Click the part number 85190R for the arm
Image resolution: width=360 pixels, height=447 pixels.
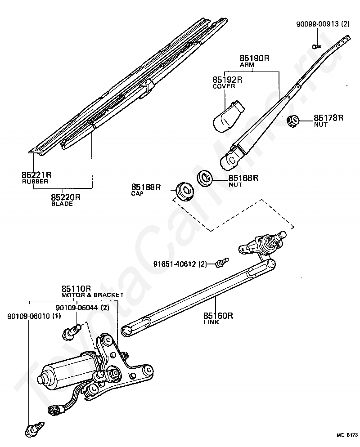pos(254,58)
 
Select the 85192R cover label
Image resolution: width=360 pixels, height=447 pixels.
pos(227,80)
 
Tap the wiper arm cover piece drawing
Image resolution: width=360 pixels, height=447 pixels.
pos(227,116)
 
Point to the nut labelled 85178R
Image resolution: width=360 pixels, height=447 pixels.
pos(293,121)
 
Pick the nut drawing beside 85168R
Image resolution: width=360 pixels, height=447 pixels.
pos(205,179)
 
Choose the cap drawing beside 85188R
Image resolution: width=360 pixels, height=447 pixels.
pos(183,191)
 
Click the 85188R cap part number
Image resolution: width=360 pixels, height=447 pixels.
pos(146,187)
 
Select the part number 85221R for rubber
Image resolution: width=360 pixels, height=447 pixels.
pos(36,174)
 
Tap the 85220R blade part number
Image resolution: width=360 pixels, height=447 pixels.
pos(65,197)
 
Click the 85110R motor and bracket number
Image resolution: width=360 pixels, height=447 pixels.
pos(76,288)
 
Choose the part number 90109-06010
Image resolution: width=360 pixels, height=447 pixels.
pos(28,317)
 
